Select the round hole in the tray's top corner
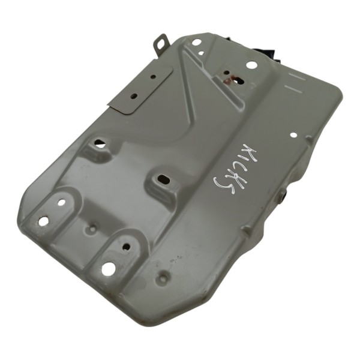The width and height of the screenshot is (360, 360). click(x=196, y=43)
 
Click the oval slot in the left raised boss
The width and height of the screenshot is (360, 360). click(x=99, y=144)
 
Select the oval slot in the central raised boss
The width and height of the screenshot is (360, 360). click(x=163, y=178)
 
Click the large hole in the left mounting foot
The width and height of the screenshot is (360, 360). click(x=43, y=221)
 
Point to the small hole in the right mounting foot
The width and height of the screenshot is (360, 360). click(x=126, y=246)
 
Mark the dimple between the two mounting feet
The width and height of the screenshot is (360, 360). click(x=92, y=229)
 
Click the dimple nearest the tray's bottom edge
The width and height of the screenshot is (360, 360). click(x=163, y=277)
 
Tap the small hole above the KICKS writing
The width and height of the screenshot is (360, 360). click(x=293, y=135)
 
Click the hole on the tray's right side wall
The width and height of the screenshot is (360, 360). click(x=283, y=194)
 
